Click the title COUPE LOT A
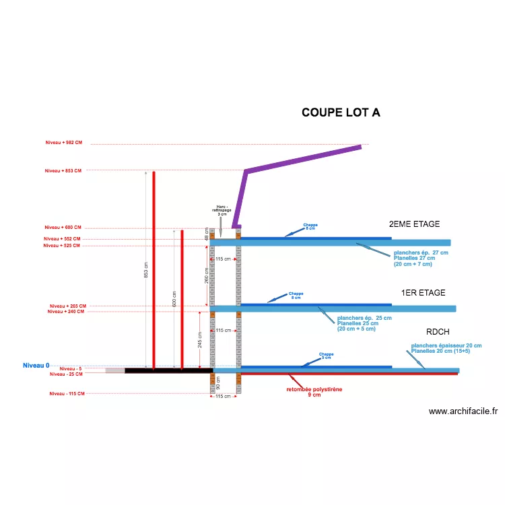coord(341,112)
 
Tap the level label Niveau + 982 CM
coord(63,143)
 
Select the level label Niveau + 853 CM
coord(63,170)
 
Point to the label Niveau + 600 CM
coord(63,228)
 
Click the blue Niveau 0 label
coord(36,366)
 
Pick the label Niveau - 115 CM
coord(67,393)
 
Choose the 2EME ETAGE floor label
coord(414,224)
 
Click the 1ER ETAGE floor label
coord(423,293)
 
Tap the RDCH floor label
coord(438,333)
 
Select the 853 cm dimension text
coord(147,269)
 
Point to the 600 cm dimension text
coord(174,300)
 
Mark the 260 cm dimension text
coord(206,275)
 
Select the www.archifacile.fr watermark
coord(463,411)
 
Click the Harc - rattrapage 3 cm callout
coord(222,210)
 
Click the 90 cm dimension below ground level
coord(217,382)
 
